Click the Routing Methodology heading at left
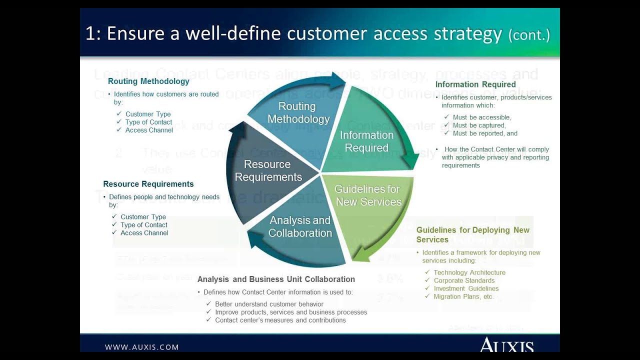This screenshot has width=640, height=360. coord(148,81)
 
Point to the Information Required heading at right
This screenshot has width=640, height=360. coord(475,84)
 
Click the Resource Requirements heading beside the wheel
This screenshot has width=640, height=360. coord(148,184)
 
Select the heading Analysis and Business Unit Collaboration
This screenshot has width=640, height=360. coord(276,279)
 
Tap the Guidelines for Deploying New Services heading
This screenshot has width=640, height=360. coord(472,234)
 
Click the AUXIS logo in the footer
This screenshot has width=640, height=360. coord(506,345)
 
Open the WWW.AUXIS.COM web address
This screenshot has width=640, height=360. coord(141,347)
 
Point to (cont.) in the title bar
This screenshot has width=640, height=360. coord(529,35)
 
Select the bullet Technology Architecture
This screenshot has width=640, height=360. coord(469,272)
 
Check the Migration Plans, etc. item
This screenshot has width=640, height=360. coord(463,296)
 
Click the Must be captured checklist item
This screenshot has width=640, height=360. coord(479,125)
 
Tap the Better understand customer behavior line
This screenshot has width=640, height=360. coord(269,304)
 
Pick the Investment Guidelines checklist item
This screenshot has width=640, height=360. coord(466,288)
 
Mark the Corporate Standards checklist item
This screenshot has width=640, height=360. coord(464,280)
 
